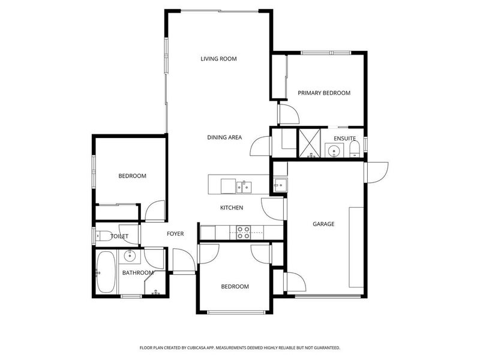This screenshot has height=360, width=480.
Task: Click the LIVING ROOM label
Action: point(218,59)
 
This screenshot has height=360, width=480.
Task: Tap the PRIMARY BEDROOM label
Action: point(324,93)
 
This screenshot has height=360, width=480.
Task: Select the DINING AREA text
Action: point(224,137)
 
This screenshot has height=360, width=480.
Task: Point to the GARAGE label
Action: point(323,224)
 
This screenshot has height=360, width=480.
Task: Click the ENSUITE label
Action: point(344,139)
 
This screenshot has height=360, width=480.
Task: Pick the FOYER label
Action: point(175,234)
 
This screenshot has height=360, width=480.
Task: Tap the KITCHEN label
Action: point(232,208)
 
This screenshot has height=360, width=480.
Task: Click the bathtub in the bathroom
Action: point(106,272)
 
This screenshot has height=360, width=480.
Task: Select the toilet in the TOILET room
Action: point(101,236)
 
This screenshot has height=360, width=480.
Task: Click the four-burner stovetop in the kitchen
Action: point(244,233)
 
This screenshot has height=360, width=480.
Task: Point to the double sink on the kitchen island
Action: point(244,187)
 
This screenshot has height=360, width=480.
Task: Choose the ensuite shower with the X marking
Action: point(310,143)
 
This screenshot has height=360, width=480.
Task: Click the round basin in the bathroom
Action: point(130,256)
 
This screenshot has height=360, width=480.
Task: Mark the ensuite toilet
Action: point(355,149)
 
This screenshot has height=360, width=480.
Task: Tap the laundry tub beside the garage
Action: point(280,185)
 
